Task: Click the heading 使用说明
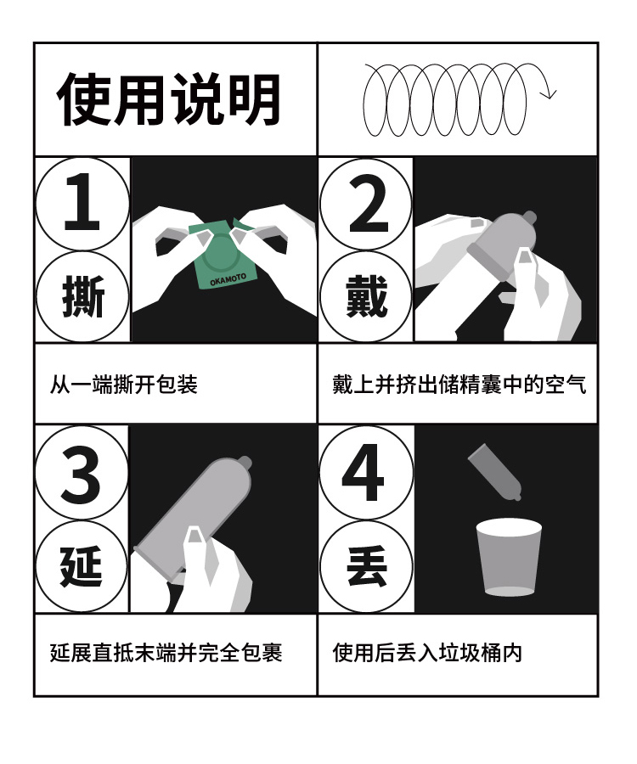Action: point(169,99)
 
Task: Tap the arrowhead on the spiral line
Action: point(550,93)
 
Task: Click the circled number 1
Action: point(82,203)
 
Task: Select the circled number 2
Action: point(366,204)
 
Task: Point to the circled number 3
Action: point(82,473)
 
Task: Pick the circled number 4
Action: point(366,473)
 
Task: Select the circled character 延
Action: point(82,566)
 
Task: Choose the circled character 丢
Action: point(366,566)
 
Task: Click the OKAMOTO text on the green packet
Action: point(228,279)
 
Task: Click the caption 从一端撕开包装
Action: point(124,385)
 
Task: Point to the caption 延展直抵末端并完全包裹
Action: point(166,653)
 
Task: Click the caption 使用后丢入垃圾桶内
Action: point(427,653)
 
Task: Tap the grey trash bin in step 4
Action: point(509,557)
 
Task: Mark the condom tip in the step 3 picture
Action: point(245,462)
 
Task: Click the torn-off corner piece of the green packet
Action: point(240,223)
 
